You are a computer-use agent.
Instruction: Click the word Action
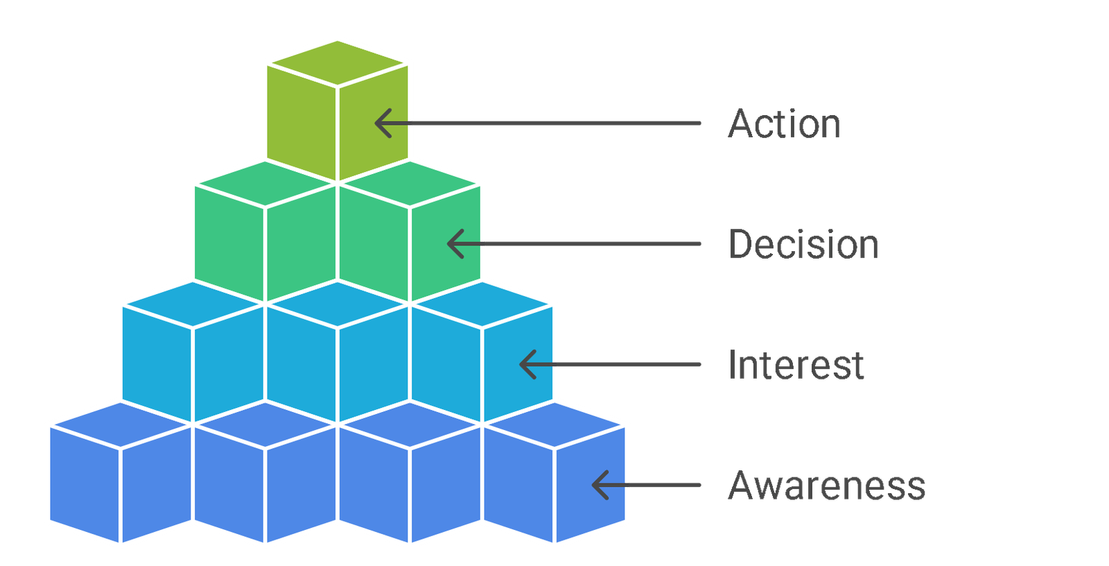(x=784, y=123)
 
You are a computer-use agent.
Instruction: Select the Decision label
(x=803, y=244)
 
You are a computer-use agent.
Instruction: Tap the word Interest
(x=796, y=365)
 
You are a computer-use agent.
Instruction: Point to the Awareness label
(x=826, y=486)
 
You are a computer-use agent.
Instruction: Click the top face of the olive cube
(x=338, y=63)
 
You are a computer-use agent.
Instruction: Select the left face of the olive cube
(x=301, y=122)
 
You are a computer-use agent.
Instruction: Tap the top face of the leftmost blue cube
(x=121, y=424)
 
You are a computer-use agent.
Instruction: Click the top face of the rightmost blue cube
(x=554, y=424)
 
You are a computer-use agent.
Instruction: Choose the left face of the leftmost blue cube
(x=84, y=484)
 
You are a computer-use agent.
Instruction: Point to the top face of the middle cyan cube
(x=338, y=305)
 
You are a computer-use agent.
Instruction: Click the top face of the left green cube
(x=265, y=183)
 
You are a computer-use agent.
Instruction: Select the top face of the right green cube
(x=410, y=183)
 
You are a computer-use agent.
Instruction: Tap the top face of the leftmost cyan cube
(x=193, y=305)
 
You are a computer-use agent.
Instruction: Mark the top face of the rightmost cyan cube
(x=482, y=305)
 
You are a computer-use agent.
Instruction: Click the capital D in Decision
(x=740, y=244)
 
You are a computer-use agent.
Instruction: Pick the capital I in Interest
(x=732, y=365)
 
